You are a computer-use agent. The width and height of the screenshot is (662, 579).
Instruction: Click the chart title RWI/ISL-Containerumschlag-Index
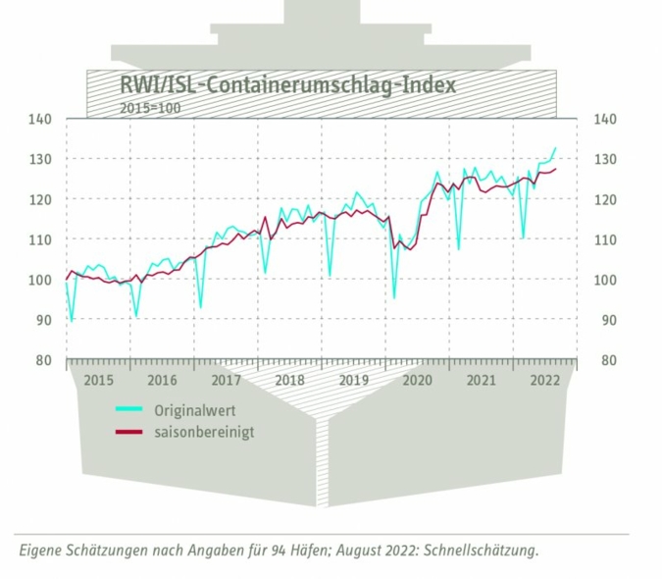[286, 84]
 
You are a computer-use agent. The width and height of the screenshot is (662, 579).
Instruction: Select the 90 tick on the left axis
[43, 320]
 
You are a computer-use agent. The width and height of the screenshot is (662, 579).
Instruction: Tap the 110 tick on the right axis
[606, 239]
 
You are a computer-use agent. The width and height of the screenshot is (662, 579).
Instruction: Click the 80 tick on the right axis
[606, 360]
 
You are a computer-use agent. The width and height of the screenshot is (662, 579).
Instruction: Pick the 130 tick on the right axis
[606, 159]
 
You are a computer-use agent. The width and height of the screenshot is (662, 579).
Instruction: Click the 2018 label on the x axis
[289, 380]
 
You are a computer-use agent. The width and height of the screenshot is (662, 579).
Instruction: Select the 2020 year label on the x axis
[417, 380]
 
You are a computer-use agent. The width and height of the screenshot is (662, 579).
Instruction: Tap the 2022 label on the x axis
[544, 380]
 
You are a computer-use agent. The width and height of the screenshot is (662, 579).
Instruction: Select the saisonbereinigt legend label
[203, 431]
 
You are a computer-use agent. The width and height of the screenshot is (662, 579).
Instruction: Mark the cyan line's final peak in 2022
[555, 148]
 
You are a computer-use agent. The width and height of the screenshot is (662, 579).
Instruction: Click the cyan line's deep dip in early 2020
[394, 297]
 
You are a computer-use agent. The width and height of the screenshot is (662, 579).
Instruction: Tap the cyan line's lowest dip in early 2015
[72, 321]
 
